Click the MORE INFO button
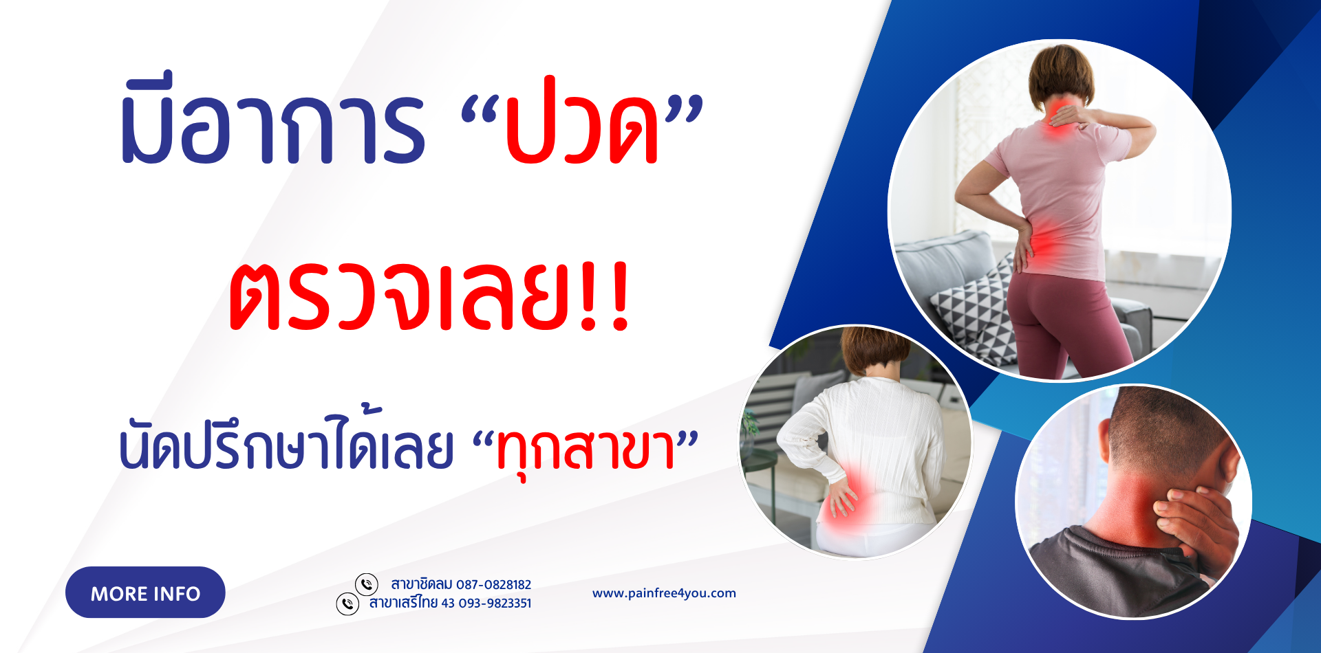[x=145, y=593]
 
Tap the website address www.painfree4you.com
[x=664, y=593]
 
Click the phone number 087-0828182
[x=493, y=585]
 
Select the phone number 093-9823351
[x=493, y=604]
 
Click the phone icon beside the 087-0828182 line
[x=367, y=584]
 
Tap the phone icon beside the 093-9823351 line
[x=347, y=604]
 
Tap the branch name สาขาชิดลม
[x=421, y=584]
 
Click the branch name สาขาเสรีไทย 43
[x=411, y=603]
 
